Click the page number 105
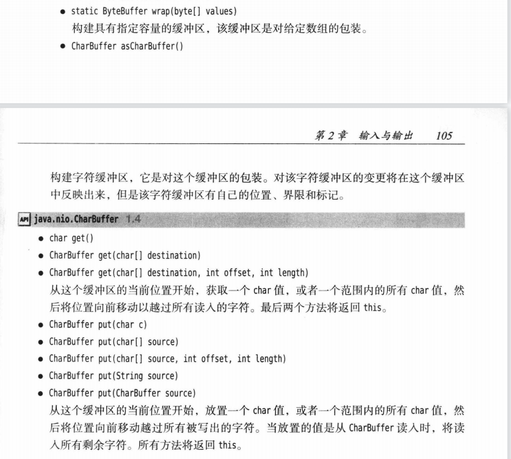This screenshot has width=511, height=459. pos(444,136)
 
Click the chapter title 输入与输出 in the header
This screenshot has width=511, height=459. pos(386,136)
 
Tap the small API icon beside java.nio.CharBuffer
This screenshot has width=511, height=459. pos(24,219)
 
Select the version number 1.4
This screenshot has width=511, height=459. pos(132,219)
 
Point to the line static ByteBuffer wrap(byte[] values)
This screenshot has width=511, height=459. pos(154,12)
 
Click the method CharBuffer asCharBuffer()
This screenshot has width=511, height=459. pos(127,46)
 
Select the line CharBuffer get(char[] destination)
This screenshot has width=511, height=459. pos(125,255)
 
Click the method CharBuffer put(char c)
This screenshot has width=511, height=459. pos(98,325)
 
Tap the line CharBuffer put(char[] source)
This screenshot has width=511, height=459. pos(114,342)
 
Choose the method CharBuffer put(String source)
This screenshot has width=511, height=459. pos(114,376)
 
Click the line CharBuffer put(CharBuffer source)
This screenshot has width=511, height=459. pos(123,393)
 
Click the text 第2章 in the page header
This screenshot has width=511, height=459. pos(330,136)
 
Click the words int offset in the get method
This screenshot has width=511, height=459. pos(228,272)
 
